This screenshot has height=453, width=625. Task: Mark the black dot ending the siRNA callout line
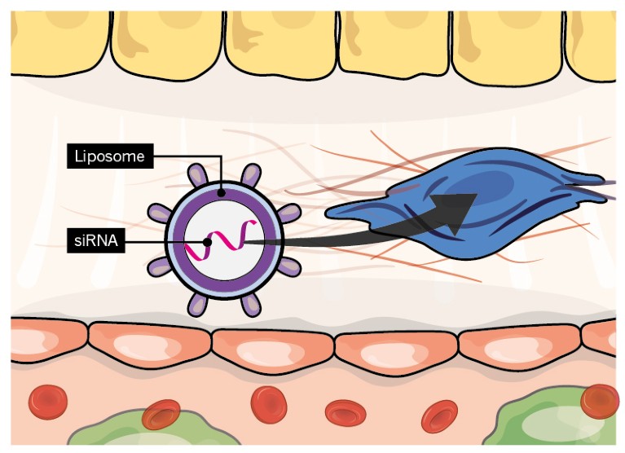pos(208,242)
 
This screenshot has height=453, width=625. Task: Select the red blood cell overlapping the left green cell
pos(161,414)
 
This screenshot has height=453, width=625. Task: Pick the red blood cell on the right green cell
pos(601,401)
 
